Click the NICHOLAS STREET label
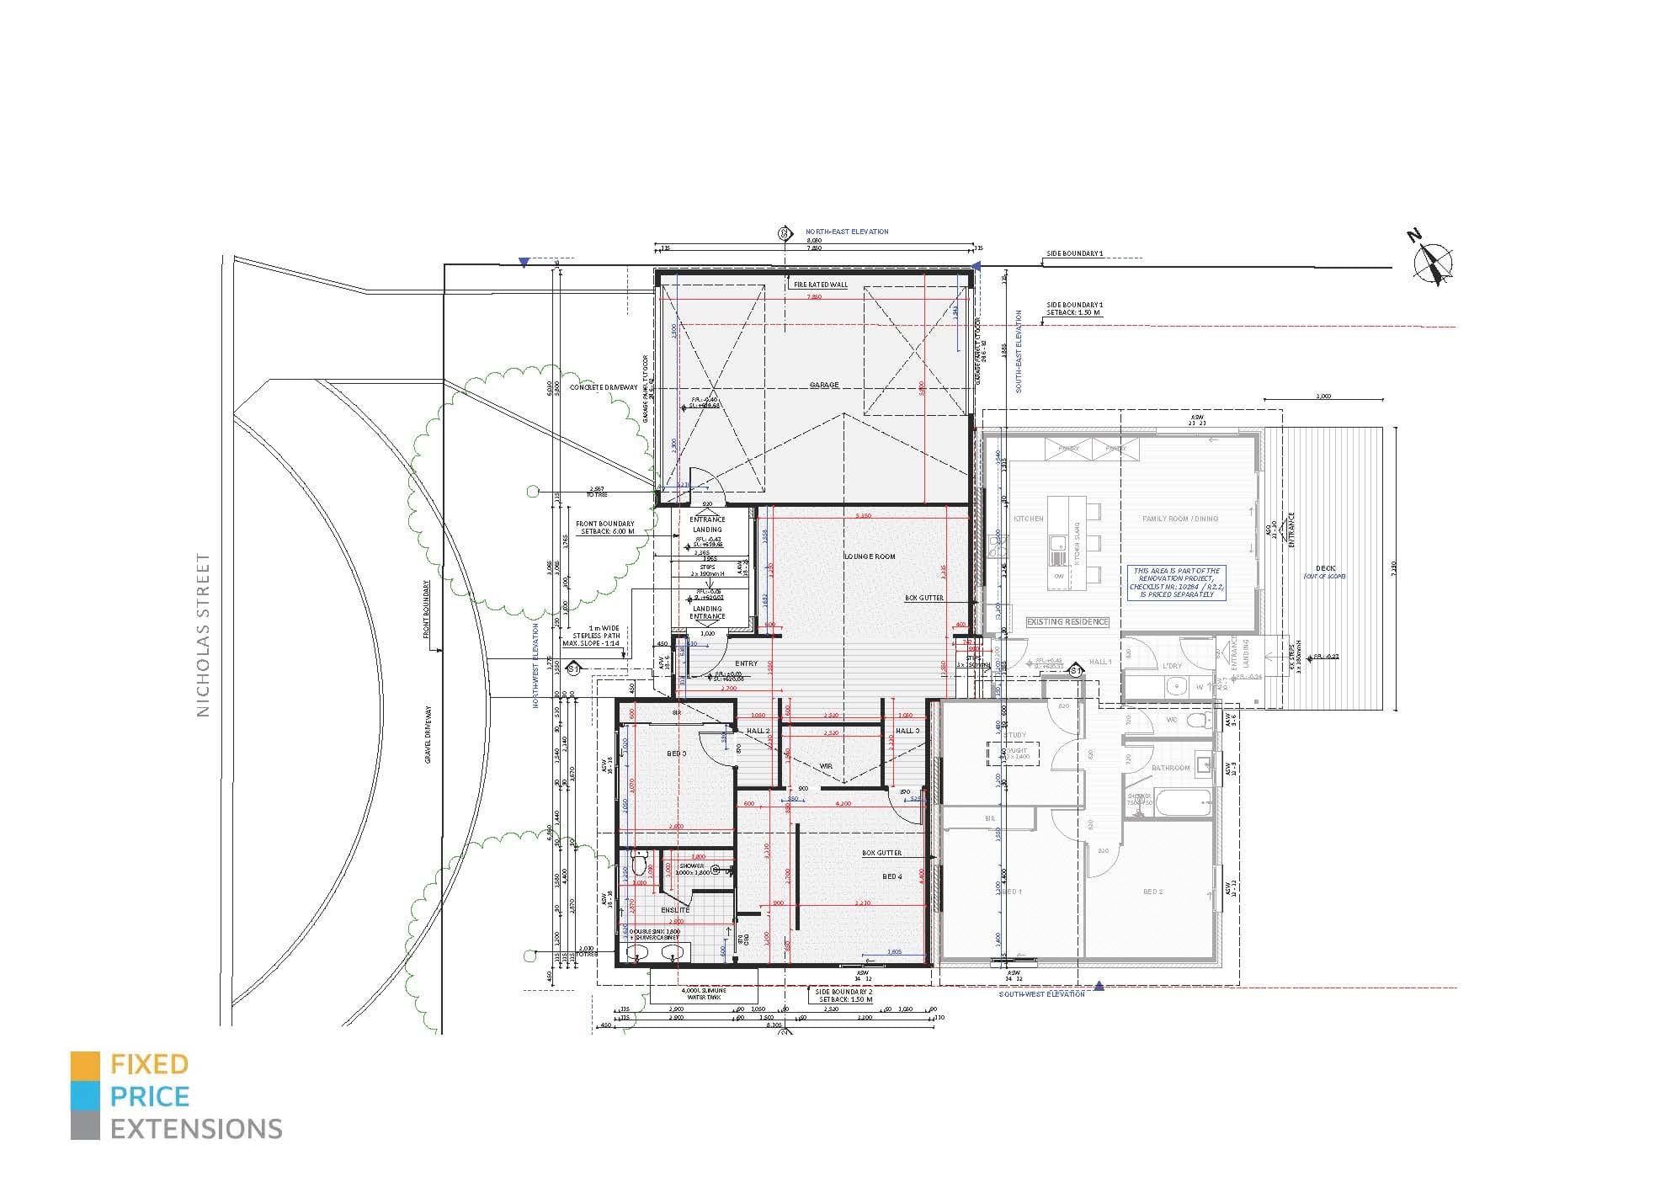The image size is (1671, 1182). pos(203,635)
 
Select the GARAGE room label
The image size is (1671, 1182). pos(824,385)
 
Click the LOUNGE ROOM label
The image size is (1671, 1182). pos(870,556)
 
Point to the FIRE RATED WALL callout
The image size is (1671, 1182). pos(821,285)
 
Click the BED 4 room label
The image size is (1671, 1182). pos(891,876)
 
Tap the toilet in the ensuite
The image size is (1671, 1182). pos(639,864)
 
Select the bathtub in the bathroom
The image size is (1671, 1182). pos(1183,801)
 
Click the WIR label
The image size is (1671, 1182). pos(826,766)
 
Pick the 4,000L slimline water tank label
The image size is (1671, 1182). pos(704,994)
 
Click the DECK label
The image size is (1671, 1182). pos(1325,569)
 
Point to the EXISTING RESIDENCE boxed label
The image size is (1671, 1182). pos(1067,621)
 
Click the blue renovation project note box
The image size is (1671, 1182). pos(1176,582)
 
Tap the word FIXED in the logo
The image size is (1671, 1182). pos(149,1065)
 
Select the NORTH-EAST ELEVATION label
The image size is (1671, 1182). pos(846,232)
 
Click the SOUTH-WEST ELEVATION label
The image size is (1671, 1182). pos(1041,994)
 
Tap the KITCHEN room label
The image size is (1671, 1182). pos(1028,519)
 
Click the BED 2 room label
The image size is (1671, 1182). pos(1152,892)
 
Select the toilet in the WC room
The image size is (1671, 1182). pos(1200,721)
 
